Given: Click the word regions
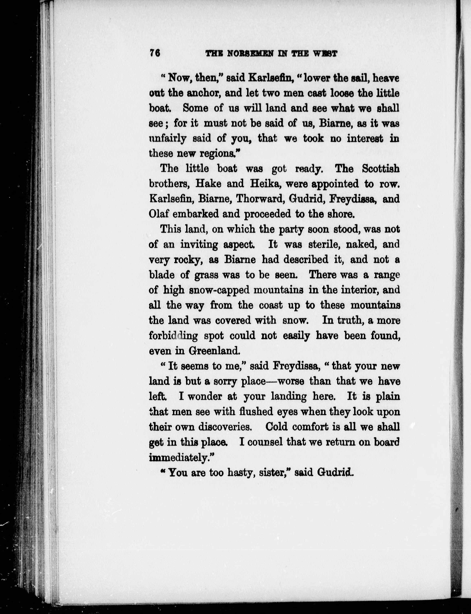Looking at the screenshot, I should click(219, 154).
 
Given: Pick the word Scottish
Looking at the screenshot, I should click(380, 169).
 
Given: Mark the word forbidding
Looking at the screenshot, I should click(173, 336).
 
